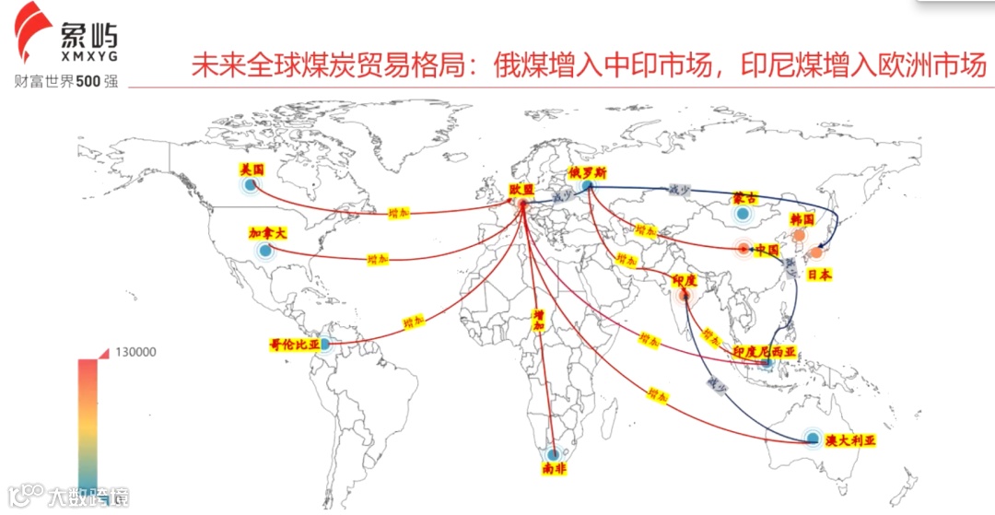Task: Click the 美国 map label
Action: point(252,170)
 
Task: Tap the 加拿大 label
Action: point(268,233)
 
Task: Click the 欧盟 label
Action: point(521,189)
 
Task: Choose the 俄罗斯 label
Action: point(587,172)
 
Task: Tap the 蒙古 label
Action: point(744,198)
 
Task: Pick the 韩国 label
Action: point(802,220)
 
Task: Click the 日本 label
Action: point(819,274)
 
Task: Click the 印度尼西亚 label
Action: point(764,352)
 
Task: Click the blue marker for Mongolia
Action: point(743,215)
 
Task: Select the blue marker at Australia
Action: point(812,438)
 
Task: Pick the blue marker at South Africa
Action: point(553,453)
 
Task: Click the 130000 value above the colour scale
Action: point(135,352)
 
